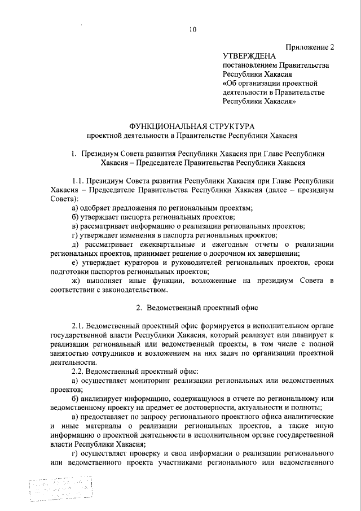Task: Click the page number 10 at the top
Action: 192,29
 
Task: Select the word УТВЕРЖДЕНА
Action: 249,56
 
